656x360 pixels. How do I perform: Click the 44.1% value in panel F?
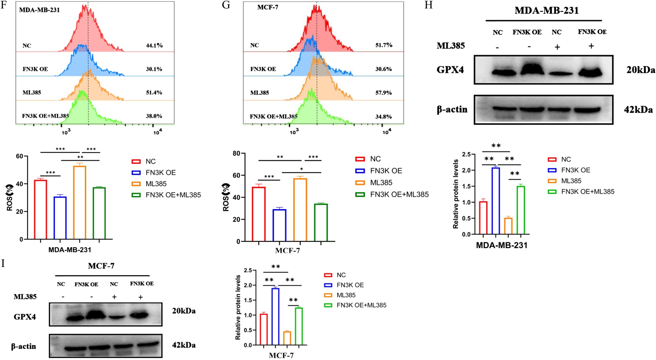[154, 46]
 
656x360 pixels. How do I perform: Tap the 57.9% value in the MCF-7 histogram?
[383, 93]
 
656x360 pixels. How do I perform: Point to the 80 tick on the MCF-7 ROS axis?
[236, 154]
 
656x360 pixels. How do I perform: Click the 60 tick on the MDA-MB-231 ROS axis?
[20, 156]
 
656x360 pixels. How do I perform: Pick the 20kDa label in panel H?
[640, 70]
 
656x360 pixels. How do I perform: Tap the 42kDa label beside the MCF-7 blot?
[183, 345]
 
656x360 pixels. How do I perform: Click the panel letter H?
[428, 5]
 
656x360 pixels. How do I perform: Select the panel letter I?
[3, 263]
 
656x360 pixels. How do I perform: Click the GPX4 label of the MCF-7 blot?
[25, 317]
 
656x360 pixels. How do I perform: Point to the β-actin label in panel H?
[452, 109]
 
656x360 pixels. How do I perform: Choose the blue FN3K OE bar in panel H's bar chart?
[495, 201]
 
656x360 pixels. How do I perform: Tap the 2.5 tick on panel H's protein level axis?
[466, 155]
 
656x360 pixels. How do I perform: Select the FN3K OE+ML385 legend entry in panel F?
[173, 195]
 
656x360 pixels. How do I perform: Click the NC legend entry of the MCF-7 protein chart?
[341, 275]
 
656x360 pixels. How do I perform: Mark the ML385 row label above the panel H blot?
[451, 46]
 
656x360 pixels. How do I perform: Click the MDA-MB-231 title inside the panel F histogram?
[39, 10]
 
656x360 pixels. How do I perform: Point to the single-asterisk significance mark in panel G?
[301, 169]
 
